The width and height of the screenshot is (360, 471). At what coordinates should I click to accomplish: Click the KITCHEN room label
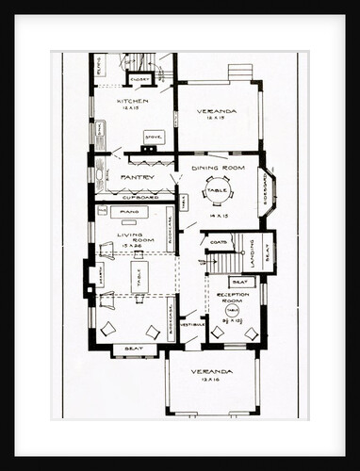click(x=133, y=100)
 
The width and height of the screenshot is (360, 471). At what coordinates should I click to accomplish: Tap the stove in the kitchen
click(x=153, y=138)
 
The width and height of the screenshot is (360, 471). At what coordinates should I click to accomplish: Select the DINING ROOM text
click(x=219, y=168)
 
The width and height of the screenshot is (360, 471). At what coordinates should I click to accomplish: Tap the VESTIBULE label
click(x=192, y=325)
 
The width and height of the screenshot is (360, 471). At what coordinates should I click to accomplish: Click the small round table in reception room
click(x=231, y=311)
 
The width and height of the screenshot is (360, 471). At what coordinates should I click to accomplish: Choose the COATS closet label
click(x=219, y=242)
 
